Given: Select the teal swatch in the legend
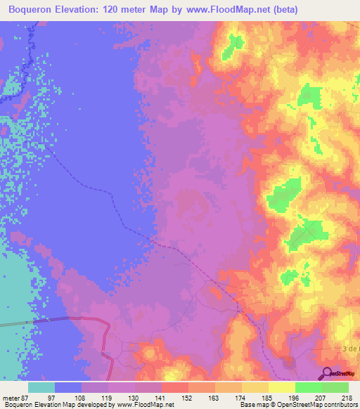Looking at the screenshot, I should [41, 387].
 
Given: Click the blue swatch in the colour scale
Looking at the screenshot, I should [68, 387].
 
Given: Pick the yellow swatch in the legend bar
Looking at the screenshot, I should [282, 387].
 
